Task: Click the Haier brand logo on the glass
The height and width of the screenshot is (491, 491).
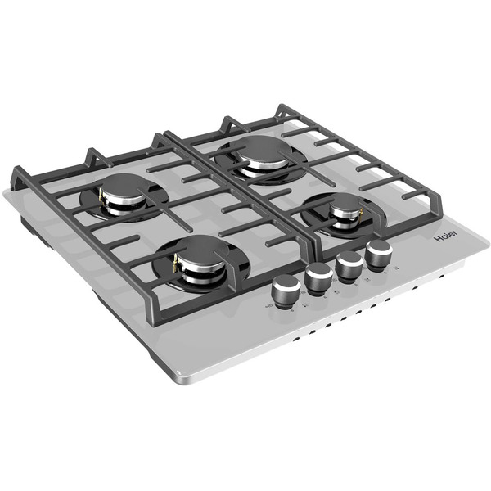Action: (x=446, y=236)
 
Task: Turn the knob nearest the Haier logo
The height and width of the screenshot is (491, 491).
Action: (x=379, y=255)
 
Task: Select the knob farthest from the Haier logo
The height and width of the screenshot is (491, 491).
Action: (x=286, y=291)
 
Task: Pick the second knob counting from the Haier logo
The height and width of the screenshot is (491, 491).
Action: (x=349, y=266)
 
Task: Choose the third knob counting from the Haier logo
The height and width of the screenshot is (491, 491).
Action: (x=319, y=278)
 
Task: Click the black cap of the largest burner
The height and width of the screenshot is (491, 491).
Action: (x=264, y=150)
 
